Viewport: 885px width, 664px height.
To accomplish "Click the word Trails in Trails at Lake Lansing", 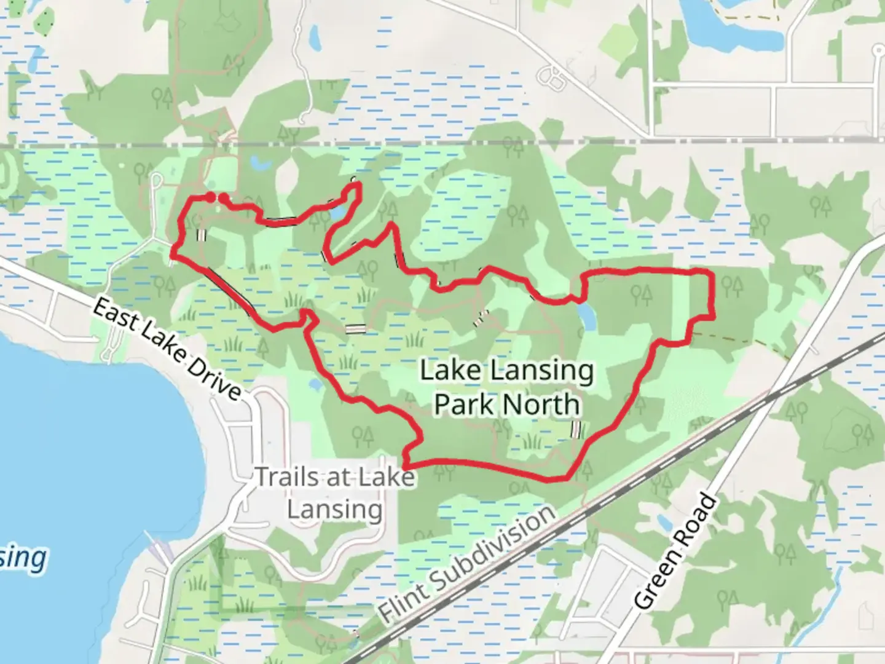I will pyautogui.click(x=288, y=478).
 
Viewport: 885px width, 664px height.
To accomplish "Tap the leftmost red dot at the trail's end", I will pyautogui.click(x=210, y=196).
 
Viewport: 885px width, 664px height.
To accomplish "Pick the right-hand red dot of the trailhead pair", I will pyautogui.click(x=224, y=197).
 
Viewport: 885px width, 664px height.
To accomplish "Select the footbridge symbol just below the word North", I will pyautogui.click(x=575, y=430).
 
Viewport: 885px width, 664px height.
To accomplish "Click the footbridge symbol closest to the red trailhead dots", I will pyautogui.click(x=201, y=235).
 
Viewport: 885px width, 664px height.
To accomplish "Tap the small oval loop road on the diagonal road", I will pyautogui.click(x=552, y=77).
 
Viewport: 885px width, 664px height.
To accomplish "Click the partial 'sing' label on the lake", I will pyautogui.click(x=23, y=558).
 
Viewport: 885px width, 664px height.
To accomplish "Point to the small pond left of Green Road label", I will pyautogui.click(x=664, y=523).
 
